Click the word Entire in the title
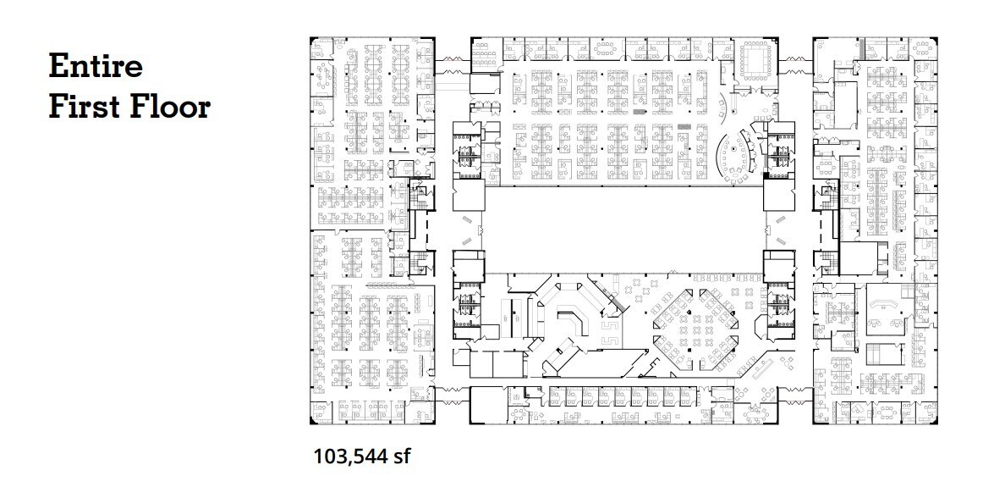pos(95,66)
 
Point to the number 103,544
pos(348,457)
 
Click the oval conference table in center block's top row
pos(607,44)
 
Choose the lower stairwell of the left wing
pos(418,262)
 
